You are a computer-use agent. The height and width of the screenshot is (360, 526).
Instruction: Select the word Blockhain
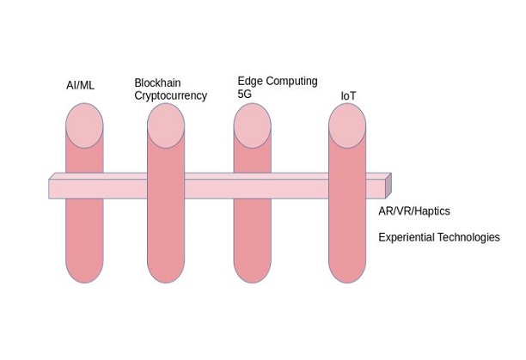pos(157,83)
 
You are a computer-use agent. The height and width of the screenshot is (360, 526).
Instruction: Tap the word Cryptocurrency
pos(170,96)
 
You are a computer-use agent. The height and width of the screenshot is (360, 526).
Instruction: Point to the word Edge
pos(250,82)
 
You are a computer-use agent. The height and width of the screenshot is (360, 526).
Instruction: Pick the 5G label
pos(244,94)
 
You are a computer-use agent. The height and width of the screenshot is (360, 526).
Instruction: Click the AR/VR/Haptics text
pos(414,211)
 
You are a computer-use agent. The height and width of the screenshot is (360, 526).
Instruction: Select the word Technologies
pos(469,237)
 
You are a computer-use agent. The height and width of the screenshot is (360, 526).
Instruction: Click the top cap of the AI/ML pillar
pos(84,125)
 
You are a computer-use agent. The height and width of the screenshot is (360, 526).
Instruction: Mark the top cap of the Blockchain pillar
pos(166,125)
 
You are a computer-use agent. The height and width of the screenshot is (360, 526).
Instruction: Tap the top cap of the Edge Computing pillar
pos(253,125)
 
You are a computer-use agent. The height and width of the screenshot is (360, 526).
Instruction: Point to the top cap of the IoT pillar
pos(347,125)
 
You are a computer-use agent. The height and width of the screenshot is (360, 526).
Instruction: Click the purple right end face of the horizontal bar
pos(388,185)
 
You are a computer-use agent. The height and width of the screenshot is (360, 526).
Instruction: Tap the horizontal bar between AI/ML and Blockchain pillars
pos(125,186)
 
